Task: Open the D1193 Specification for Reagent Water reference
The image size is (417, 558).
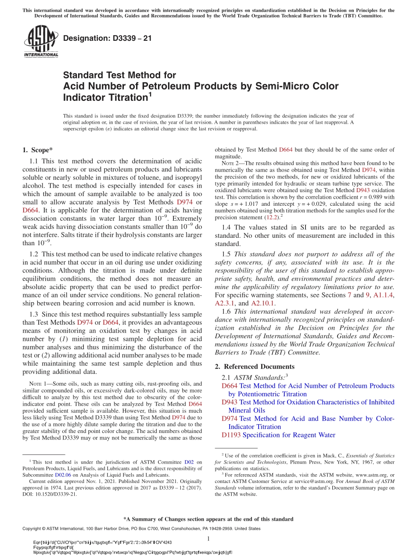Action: pos(278,435)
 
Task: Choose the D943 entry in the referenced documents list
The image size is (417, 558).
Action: pos(230,402)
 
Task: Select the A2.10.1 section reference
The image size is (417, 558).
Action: pos(264,303)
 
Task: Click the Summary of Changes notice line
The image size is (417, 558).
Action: pos(208,519)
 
